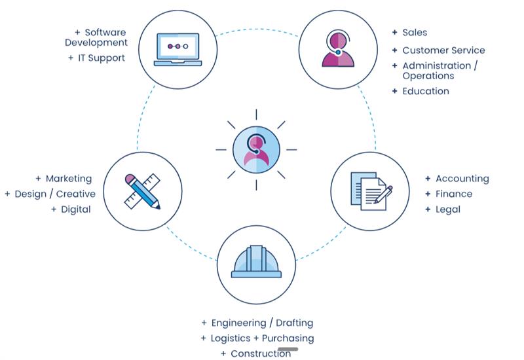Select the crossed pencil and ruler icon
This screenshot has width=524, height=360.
tap(143, 190)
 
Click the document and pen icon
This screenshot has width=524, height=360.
tap(371, 191)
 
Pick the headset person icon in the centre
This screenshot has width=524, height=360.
tap(256, 150)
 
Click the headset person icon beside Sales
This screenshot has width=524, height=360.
tap(338, 50)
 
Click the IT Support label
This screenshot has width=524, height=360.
tap(101, 58)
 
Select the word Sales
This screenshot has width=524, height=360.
tap(415, 32)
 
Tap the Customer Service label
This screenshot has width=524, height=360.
tap(443, 50)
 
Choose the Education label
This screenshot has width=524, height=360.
tap(426, 91)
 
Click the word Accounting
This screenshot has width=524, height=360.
tap(462, 178)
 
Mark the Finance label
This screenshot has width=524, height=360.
tap(453, 194)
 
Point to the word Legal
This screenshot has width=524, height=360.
tap(448, 209)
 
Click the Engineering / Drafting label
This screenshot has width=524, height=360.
tap(262, 323)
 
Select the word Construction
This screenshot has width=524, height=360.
tap(261, 353)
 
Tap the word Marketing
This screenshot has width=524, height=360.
tap(69, 178)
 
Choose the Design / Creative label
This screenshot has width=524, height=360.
tap(55, 194)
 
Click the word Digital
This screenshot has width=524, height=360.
tap(76, 209)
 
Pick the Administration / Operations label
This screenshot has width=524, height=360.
tap(440, 70)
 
